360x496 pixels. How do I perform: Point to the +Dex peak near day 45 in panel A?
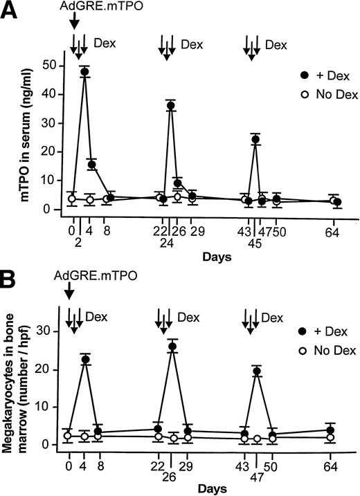(x=255, y=140)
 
